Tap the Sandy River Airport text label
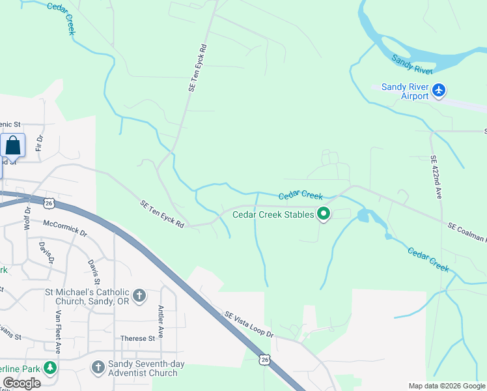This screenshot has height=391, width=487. (x=405, y=91)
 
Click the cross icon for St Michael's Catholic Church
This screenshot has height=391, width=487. (x=139, y=296)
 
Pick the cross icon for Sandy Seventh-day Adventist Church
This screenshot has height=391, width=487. (x=98, y=368)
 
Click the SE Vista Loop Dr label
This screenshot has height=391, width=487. (x=249, y=324)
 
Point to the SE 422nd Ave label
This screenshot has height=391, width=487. (x=436, y=177)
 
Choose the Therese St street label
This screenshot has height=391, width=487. (x=137, y=338)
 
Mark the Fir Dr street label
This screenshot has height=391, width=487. (x=39, y=143)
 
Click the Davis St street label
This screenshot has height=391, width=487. (x=91, y=267)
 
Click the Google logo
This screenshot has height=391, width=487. (x=21, y=383)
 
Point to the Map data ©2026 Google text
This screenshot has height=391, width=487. (x=446, y=386)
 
